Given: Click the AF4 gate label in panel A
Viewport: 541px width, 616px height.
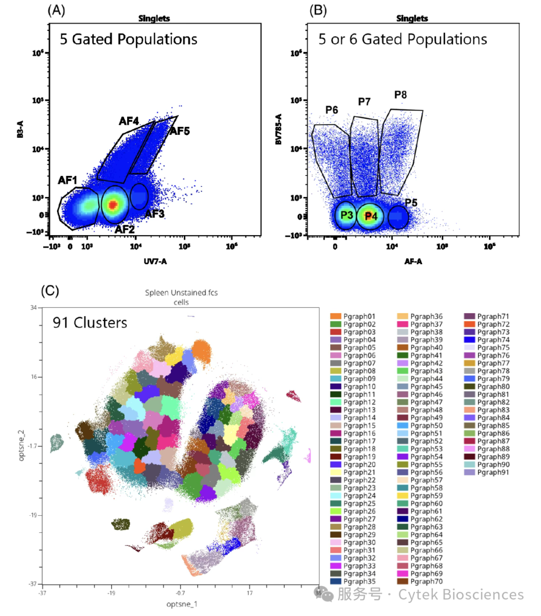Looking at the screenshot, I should (129, 121).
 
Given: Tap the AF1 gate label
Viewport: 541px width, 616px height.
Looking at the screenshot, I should (68, 180).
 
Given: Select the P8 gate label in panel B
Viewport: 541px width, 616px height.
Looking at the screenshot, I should (400, 95).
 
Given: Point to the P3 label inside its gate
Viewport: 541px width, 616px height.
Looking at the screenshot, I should (347, 215).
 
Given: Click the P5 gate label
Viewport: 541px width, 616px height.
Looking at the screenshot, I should (411, 202).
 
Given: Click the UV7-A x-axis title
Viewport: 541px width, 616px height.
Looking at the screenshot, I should (155, 261).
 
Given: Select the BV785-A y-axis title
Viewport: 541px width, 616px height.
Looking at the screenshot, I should (279, 129).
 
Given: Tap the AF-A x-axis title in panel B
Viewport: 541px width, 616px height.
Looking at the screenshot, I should (413, 261).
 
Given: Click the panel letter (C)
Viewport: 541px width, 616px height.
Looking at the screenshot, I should (50, 291).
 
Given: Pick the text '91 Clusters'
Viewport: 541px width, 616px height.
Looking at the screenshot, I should (90, 323).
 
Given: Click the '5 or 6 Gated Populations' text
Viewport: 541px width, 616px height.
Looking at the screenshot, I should (403, 39).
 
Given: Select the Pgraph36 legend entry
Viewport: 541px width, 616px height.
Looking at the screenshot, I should (426, 316).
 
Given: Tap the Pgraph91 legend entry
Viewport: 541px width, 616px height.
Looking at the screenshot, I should (493, 472).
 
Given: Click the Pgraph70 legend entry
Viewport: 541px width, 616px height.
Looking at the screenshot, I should (426, 581).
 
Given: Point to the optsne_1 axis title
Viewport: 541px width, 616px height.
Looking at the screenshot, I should (181, 604).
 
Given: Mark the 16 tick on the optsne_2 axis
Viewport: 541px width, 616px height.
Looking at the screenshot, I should (33, 376).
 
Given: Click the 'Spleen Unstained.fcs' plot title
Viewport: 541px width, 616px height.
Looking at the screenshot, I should (181, 293).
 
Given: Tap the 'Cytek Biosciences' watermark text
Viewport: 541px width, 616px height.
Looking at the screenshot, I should (461, 595).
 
